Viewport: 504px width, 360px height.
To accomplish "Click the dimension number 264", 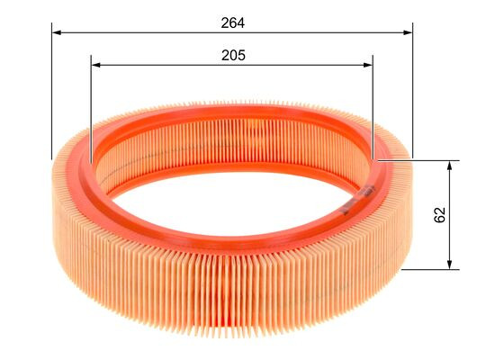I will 232,22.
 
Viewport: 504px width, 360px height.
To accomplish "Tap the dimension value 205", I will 233,55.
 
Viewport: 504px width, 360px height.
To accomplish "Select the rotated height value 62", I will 439,215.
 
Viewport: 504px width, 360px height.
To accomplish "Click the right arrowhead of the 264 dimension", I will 408,32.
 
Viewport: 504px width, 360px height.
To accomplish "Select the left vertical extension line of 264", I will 52,90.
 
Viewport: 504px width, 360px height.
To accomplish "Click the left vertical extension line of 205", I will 92,108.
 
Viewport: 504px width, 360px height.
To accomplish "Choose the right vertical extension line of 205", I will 372,108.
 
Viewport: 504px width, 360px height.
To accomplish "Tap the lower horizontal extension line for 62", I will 432,268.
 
